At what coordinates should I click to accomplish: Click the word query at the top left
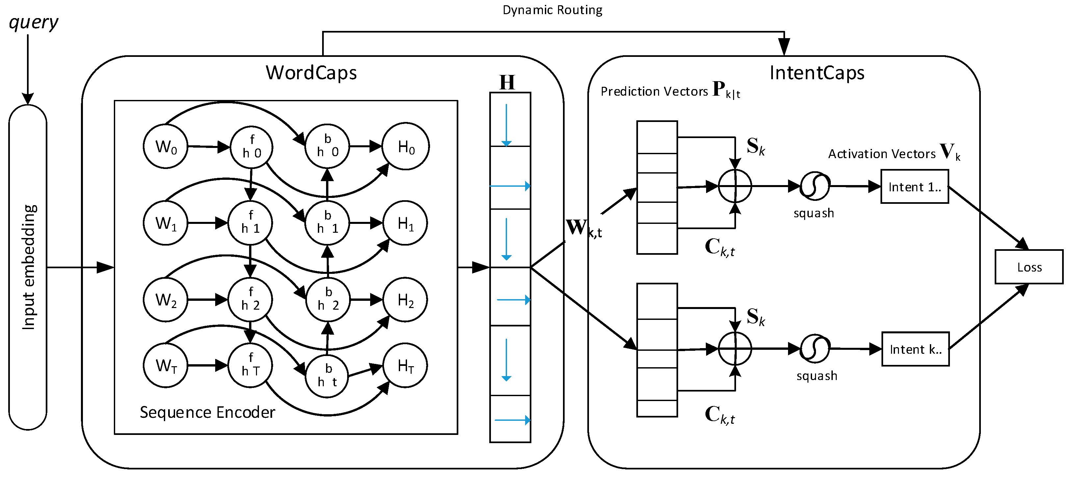(x=33, y=22)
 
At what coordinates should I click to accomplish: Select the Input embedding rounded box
(x=28, y=267)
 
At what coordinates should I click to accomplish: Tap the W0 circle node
(x=166, y=146)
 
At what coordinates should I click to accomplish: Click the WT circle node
(x=166, y=366)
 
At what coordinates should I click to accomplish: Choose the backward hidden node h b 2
(x=328, y=299)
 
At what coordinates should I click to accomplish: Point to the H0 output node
(x=405, y=146)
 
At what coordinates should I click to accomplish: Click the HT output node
(x=405, y=366)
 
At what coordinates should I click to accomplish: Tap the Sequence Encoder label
(x=207, y=412)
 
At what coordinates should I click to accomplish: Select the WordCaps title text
(x=311, y=73)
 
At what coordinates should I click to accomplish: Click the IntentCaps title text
(x=817, y=73)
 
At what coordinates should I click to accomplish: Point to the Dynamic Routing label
(x=552, y=10)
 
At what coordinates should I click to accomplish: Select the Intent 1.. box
(x=915, y=187)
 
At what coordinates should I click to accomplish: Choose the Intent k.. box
(x=915, y=349)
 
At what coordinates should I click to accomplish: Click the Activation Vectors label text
(x=881, y=154)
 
